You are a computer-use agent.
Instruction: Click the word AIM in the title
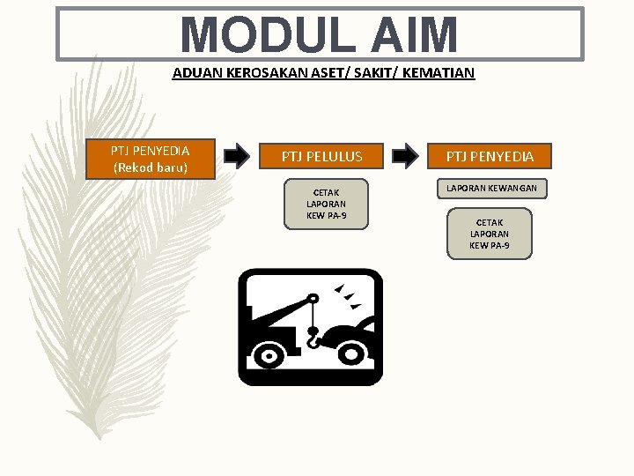point(414,35)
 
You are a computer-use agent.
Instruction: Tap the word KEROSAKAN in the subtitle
point(254,73)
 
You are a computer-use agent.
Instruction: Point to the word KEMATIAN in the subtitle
point(439,73)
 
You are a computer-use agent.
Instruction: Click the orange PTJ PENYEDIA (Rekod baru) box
point(150,160)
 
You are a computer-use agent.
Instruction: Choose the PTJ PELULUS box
point(321,157)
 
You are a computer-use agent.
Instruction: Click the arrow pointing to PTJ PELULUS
point(237,157)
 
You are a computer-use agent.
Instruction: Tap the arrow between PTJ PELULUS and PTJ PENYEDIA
point(405,157)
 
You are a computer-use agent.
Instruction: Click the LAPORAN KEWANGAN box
point(491,188)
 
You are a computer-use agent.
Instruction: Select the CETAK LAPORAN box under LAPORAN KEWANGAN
point(490,234)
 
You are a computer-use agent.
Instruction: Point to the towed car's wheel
point(353,353)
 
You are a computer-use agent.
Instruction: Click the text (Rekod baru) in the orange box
point(150,167)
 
